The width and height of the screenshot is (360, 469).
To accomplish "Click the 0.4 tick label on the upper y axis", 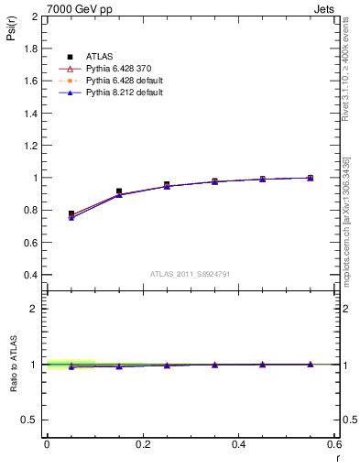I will tap(30, 275).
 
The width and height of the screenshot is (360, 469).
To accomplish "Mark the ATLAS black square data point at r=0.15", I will tap(119, 191).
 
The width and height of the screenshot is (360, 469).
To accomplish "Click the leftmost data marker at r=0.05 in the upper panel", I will tap(71, 214).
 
